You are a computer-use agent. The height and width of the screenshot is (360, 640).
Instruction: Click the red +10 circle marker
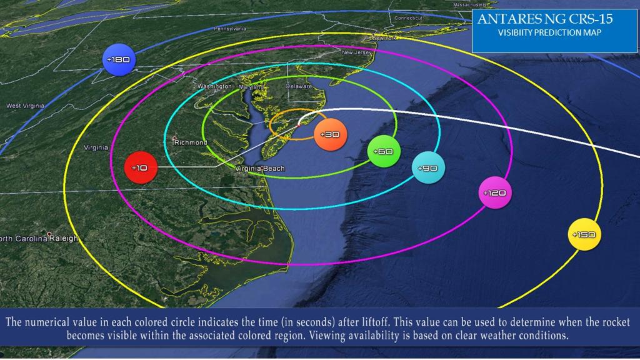point(140,167)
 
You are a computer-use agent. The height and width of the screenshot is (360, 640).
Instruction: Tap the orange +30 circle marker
point(330,134)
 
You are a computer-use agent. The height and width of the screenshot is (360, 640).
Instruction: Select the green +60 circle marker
point(383,151)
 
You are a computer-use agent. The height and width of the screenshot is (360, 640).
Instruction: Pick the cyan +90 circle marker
point(429,168)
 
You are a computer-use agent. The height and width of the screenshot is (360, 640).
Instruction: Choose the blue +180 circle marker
point(119,59)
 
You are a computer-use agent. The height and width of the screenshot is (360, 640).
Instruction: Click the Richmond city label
point(191,142)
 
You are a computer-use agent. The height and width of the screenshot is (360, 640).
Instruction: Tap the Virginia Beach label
point(260,169)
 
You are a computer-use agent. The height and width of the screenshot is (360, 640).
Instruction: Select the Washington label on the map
point(214,86)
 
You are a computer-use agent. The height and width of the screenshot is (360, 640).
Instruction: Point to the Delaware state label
point(299,86)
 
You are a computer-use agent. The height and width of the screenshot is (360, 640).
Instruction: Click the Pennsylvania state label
point(230,29)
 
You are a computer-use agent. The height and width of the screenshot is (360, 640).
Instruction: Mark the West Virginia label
point(25,106)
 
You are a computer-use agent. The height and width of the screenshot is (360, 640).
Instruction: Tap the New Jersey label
point(356,52)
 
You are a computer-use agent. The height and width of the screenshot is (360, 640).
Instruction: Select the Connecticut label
point(408,18)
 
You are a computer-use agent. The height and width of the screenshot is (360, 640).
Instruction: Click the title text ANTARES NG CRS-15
point(545,19)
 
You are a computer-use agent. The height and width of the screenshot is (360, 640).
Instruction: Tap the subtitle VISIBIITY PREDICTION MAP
point(549,33)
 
